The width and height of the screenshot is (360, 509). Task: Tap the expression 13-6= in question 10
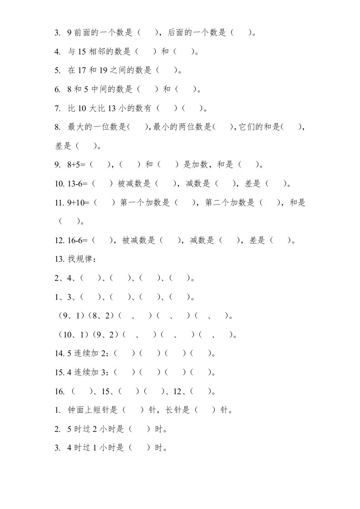pos(78,184)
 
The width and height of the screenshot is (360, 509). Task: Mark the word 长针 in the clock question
pos(182,410)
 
